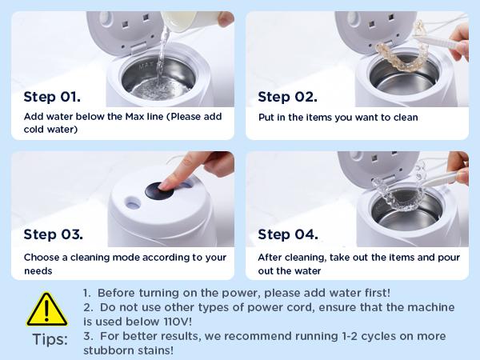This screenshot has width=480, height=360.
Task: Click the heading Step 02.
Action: tap(286, 97)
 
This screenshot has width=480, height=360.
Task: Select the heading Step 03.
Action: tap(53, 235)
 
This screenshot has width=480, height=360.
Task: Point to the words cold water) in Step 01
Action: tap(52, 130)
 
